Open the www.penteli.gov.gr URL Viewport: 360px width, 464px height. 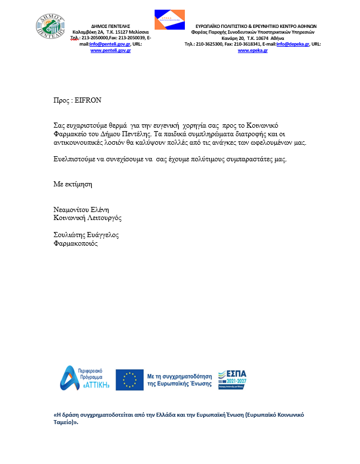coord(111,51)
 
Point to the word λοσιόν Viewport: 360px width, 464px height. coord(140,142)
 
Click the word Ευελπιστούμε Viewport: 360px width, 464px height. coord(75,159)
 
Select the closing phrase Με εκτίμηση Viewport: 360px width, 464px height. coord(72,184)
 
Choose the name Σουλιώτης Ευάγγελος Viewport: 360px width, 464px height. coord(86,235)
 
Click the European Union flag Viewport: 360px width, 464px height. coord(130,380)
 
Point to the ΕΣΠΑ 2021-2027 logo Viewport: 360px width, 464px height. coord(232,378)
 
